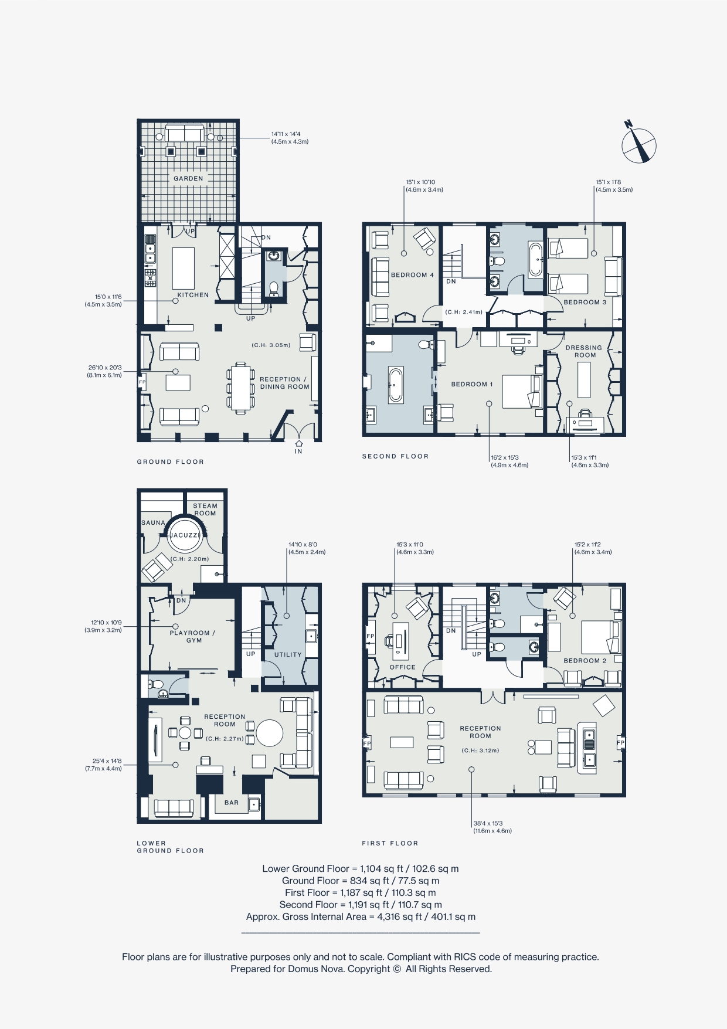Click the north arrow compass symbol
pos(638,145)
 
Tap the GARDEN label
pos(188,178)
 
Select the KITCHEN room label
pos(193,295)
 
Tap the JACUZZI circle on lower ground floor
pos(185,535)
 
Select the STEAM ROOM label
pos(205,509)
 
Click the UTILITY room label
pos(288,654)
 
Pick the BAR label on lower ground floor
pos(232,803)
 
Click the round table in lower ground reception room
pos(269,732)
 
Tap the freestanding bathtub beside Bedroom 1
pos(396,385)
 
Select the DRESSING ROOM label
pos(584,351)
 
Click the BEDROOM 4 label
pos(412,275)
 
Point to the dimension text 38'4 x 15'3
pos(488,823)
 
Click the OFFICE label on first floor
pos(402,667)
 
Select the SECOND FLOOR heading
pos(395,456)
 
